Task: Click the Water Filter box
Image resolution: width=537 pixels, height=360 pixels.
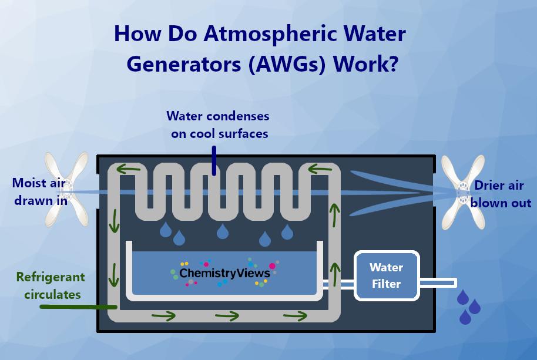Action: point(386,275)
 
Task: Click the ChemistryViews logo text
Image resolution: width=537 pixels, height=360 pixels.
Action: point(224,273)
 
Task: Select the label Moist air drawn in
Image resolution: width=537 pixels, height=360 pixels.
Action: point(38,191)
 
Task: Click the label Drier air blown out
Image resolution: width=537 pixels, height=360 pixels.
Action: point(500,194)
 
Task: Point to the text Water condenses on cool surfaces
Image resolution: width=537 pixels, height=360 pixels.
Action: point(219,125)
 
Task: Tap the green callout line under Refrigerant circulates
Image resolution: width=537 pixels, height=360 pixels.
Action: point(78,306)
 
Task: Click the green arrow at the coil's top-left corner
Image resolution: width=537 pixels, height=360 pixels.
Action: point(128,170)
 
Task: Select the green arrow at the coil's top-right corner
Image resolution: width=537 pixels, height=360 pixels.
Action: point(320,170)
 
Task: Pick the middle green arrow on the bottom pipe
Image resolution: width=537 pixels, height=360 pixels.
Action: point(227,317)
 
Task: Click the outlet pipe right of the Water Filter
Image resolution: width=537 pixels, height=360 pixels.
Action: point(438,283)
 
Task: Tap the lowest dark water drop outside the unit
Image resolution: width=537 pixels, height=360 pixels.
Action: point(465,317)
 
